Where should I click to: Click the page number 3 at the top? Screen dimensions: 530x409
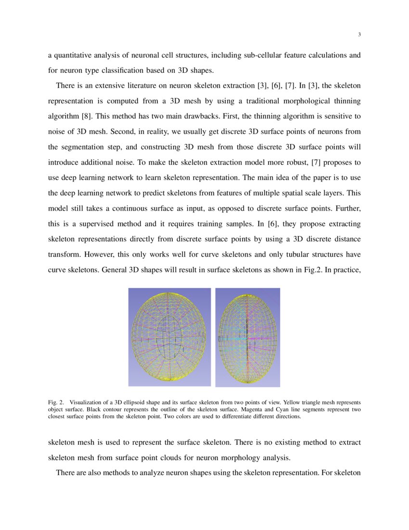pyautogui.click(x=359, y=34)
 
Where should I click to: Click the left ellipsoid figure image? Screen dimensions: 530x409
pyautogui.click(x=169, y=337)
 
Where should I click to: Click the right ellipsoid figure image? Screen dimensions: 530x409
pyautogui.click(x=247, y=337)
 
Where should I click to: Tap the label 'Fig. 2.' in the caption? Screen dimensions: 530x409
pyautogui.click(x=56, y=402)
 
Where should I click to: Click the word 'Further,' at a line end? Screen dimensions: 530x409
pyautogui.click(x=348, y=209)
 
